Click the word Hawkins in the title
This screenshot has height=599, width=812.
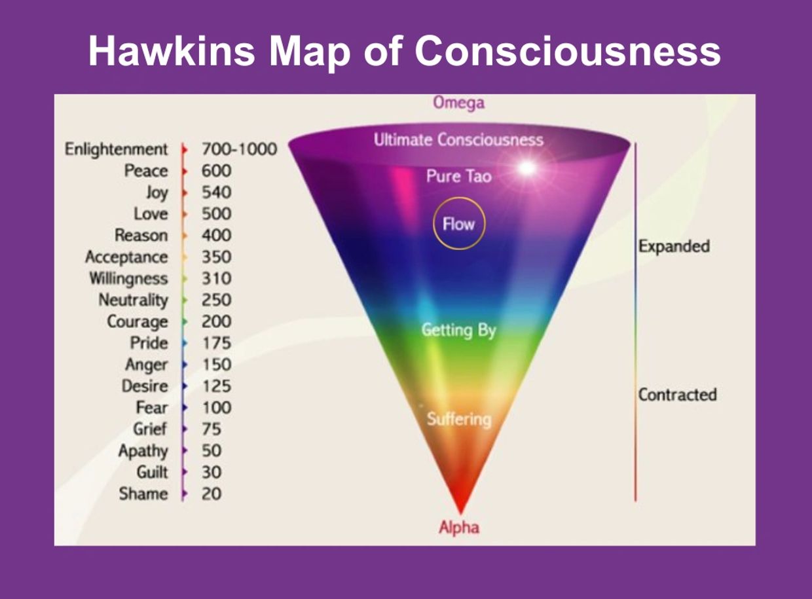pos(172,51)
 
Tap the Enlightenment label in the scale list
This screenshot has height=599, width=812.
pos(117,150)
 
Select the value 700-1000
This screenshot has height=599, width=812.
pos(240,149)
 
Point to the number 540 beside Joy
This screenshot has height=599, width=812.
pos(216,192)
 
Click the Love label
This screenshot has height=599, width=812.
pos(151,214)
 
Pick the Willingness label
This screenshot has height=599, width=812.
pos(129,279)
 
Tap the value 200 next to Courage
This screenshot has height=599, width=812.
pos(216,321)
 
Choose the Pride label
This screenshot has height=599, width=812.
pos(149,343)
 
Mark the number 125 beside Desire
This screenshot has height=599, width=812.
pos(217,386)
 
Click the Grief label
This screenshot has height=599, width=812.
pos(150,429)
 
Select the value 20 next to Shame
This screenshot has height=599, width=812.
pos(212,494)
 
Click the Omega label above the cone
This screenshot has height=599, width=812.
pos(459,103)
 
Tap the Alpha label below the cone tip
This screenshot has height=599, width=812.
pos(459,528)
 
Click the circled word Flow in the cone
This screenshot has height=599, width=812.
pos(459,224)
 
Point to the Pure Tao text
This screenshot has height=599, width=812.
pos(459,177)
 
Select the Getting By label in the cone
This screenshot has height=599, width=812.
pos(459,331)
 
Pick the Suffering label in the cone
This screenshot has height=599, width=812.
pos(459,419)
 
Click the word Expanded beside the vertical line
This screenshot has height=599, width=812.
pos(674,246)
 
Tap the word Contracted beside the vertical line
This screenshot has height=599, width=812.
pos(678,395)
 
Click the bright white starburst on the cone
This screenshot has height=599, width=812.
pos(526,168)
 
